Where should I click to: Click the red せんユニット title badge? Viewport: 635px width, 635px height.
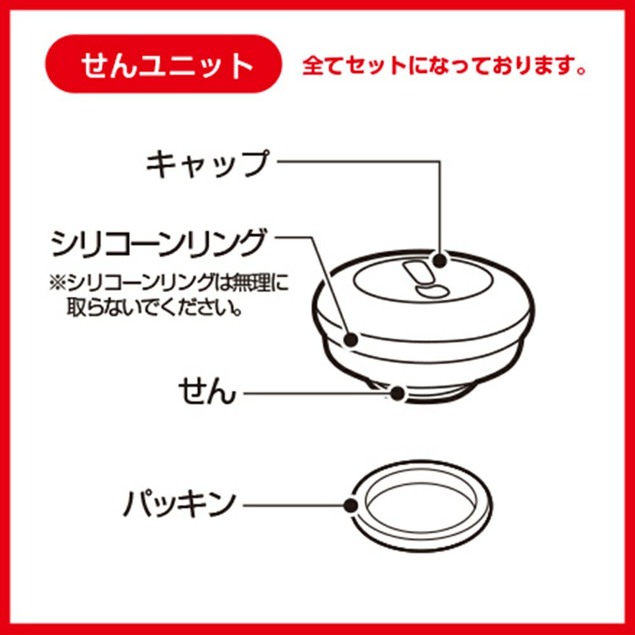pyautogui.click(x=163, y=64)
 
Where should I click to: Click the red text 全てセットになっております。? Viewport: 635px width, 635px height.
pyautogui.click(x=444, y=65)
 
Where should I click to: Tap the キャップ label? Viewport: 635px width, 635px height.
pyautogui.click(x=207, y=164)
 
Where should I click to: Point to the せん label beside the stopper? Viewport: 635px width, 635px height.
pyautogui.click(x=207, y=391)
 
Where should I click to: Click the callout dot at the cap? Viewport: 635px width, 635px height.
pyautogui.click(x=440, y=260)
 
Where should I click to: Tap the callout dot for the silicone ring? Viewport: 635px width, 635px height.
pyautogui.click(x=351, y=339)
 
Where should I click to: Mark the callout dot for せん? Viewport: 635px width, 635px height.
pyautogui.click(x=398, y=392)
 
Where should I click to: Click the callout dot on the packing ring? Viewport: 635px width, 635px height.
pyautogui.click(x=350, y=505)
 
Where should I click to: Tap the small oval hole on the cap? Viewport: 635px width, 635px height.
pyautogui.click(x=432, y=291)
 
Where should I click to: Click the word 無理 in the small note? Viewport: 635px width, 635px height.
pyautogui.click(x=251, y=283)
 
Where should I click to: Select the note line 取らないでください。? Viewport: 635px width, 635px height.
pyautogui.click(x=154, y=307)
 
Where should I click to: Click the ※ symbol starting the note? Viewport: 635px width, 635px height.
pyautogui.click(x=58, y=283)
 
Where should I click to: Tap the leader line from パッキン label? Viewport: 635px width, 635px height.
pyautogui.click(x=293, y=505)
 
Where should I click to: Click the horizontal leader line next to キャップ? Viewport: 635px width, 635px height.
pyautogui.click(x=359, y=161)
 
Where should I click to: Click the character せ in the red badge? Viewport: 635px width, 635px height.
pyautogui.click(x=95, y=65)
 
